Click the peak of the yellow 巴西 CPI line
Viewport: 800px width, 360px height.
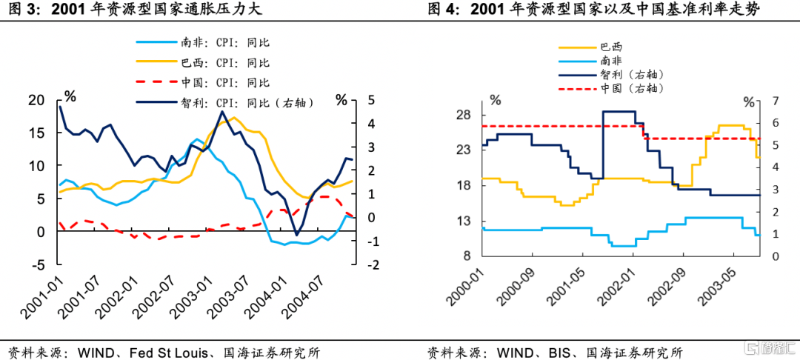(233, 118)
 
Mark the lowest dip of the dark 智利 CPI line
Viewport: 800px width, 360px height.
(296, 235)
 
